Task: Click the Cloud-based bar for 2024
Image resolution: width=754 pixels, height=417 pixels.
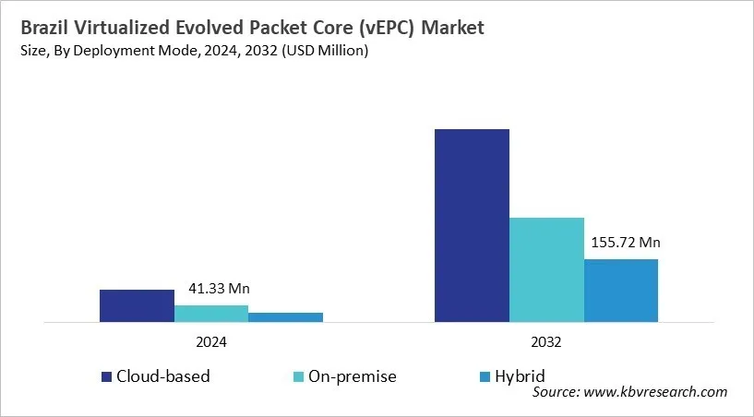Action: tap(137, 306)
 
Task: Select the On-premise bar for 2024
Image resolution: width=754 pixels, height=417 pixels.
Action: tap(211, 314)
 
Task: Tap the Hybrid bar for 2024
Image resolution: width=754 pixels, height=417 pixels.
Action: tap(285, 317)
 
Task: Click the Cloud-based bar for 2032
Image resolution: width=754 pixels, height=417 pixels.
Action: tap(472, 226)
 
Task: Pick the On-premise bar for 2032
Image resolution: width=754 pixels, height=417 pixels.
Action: tap(546, 270)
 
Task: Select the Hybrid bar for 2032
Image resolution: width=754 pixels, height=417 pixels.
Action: tap(621, 291)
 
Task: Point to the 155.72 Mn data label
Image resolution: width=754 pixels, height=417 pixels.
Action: tap(621, 244)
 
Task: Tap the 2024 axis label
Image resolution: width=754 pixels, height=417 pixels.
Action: tap(210, 341)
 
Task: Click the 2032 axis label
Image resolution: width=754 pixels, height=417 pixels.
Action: tap(546, 341)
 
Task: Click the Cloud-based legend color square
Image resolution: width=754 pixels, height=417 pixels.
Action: tap(107, 376)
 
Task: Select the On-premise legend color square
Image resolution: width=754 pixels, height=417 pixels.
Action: tap(297, 376)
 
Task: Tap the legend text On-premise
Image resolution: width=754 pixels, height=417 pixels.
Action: tap(353, 376)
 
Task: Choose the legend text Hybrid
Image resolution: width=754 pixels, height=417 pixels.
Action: tap(519, 376)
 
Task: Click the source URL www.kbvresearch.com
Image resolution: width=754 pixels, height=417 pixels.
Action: tap(656, 392)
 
